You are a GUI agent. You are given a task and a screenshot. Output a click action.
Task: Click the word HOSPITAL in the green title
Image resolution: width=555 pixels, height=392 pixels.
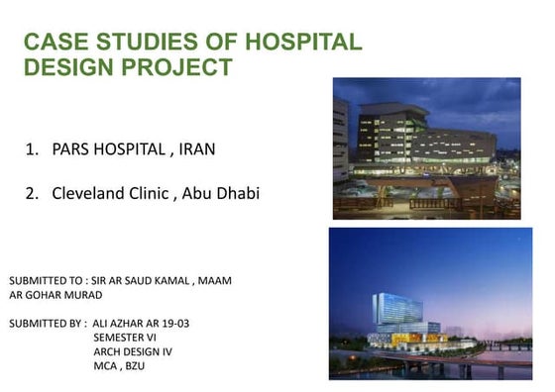tap(310, 43)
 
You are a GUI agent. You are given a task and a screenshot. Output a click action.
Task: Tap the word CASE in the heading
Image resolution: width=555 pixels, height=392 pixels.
tap(53, 43)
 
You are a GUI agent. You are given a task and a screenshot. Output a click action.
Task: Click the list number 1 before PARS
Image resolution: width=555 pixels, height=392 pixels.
tap(31, 150)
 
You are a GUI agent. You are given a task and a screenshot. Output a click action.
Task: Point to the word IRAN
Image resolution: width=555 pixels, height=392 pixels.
tap(196, 150)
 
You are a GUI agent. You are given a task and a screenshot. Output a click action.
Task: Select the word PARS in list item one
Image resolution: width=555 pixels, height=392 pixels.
tap(72, 150)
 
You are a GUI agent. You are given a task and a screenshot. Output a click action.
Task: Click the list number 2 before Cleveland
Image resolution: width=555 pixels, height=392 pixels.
tap(31, 193)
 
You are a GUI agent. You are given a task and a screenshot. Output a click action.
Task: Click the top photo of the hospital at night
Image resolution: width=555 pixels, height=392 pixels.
tap(426, 148)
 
